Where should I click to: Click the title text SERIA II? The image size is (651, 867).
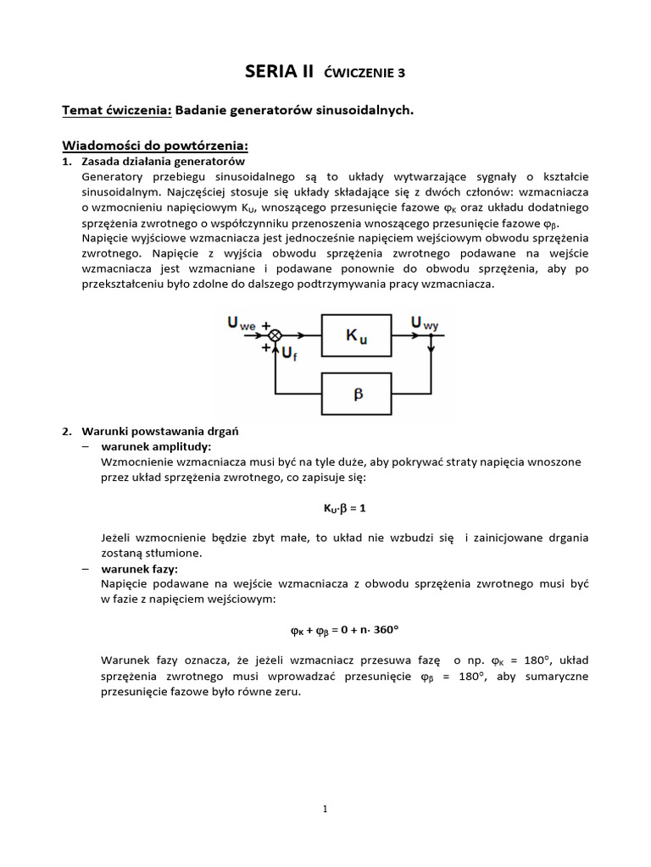coord(281,72)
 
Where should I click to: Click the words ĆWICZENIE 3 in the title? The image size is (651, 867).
coord(365,74)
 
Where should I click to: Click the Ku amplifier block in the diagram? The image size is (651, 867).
coord(356,336)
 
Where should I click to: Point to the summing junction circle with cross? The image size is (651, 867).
coord(275,336)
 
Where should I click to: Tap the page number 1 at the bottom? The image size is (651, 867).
coord(325,809)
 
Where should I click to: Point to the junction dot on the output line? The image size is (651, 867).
coord(431,336)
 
